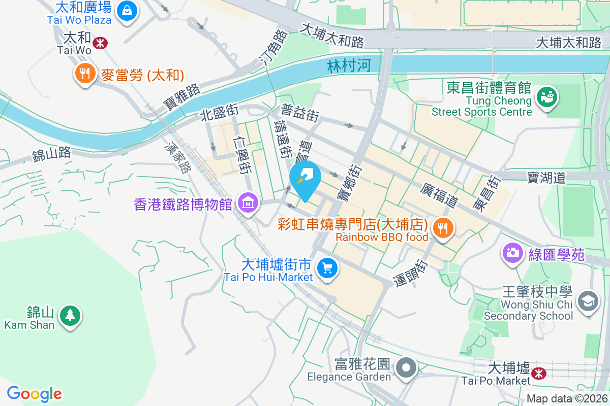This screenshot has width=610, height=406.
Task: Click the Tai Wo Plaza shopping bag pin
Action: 126,11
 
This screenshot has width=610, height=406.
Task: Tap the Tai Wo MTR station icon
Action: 100,43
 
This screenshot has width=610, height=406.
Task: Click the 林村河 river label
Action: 349,65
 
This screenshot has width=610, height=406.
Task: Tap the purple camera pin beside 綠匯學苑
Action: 512,252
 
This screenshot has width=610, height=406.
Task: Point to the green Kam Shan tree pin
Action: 70,315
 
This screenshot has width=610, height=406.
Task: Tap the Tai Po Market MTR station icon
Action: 538,374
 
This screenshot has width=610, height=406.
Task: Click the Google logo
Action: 35,394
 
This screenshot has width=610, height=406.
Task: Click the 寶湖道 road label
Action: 546,177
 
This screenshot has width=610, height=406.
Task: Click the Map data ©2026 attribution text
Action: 567,399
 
